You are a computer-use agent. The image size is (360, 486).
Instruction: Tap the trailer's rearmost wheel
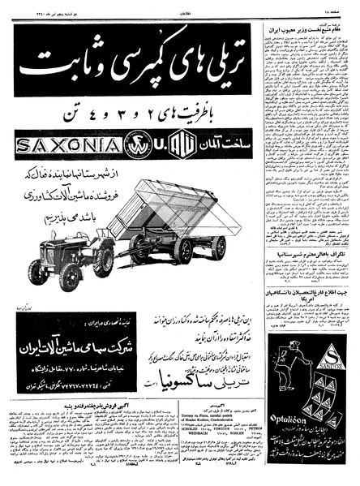click(217, 248)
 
